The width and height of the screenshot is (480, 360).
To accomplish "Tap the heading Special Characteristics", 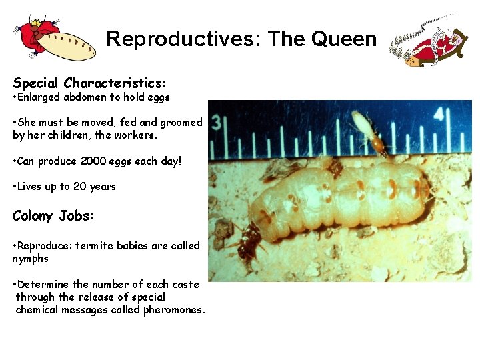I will [89, 83].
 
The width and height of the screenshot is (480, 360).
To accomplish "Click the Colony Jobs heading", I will [54, 215].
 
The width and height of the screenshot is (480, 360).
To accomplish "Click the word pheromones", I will [173, 310].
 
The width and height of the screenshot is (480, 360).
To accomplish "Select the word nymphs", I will [30, 259].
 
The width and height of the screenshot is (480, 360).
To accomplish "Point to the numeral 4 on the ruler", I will [439, 115].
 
